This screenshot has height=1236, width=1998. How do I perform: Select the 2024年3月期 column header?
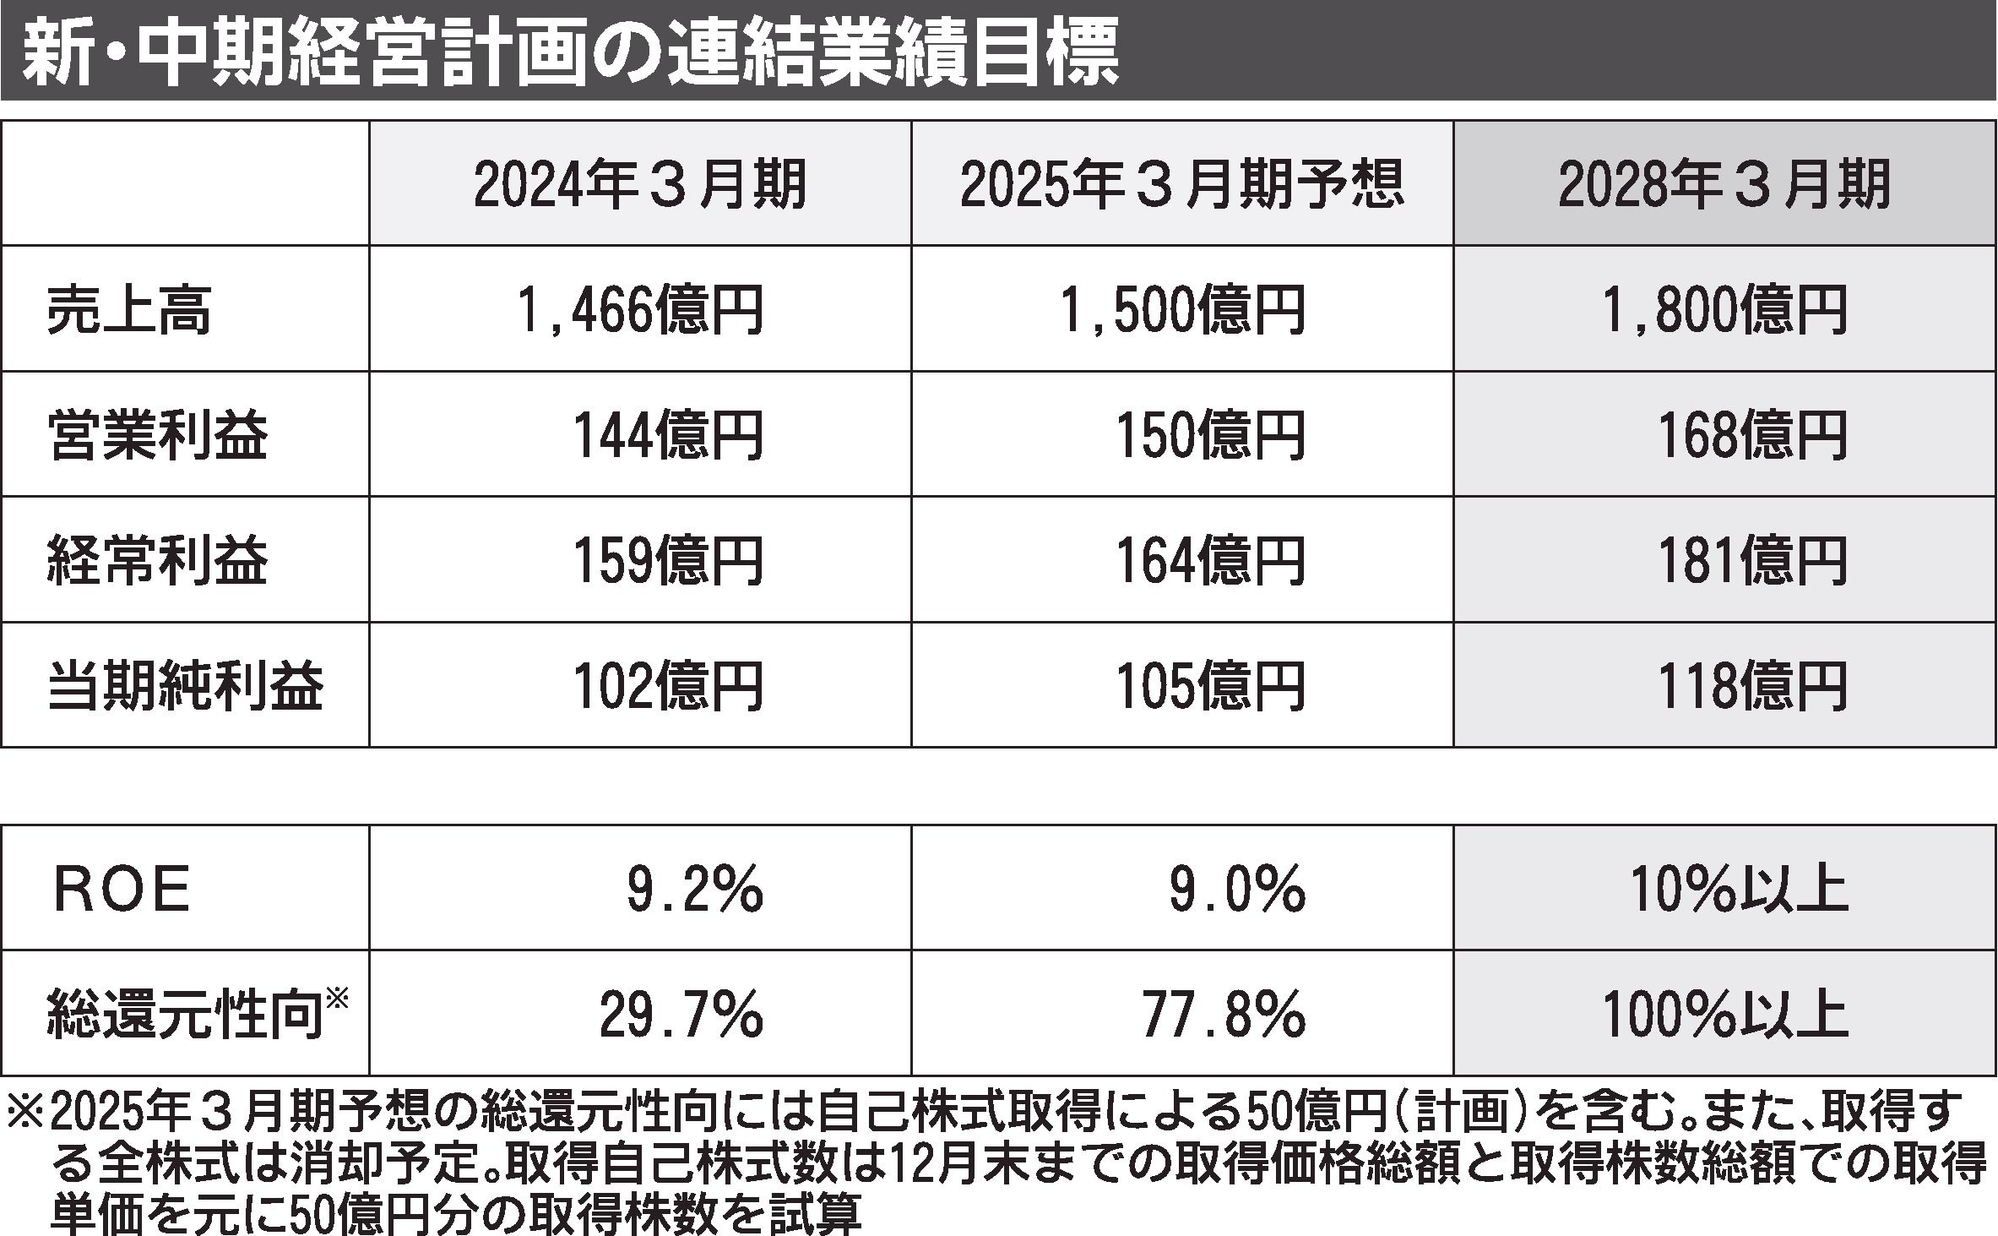639,185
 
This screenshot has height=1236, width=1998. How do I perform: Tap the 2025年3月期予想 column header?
1181,185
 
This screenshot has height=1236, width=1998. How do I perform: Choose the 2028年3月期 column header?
1724,185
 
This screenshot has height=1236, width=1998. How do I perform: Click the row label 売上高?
128,310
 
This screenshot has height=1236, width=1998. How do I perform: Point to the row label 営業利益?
158,435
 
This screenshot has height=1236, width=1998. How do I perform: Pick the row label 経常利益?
158,560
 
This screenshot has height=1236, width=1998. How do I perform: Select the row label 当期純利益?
186,685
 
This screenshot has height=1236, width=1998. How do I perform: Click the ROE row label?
122,890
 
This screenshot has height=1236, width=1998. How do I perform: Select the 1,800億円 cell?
1724,310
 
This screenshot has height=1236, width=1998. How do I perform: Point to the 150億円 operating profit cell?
1209,435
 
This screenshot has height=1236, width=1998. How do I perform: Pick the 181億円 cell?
1752,560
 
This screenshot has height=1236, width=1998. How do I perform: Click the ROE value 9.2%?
694,890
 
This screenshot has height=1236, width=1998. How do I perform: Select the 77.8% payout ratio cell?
1223,1015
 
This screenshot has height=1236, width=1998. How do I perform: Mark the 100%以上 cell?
1725,1015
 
